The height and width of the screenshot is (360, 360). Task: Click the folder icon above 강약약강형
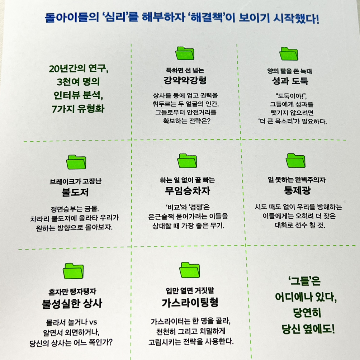[x=185, y=54]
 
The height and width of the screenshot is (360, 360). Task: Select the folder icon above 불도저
[x=76, y=162]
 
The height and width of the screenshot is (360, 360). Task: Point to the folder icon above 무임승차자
[x=188, y=162]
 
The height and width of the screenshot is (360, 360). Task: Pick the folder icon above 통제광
[x=296, y=161]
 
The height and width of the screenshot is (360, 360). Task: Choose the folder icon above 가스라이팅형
[x=190, y=270]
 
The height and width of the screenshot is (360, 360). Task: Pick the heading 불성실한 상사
[x=72, y=303]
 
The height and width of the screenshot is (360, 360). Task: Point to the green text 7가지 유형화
[x=78, y=108]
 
